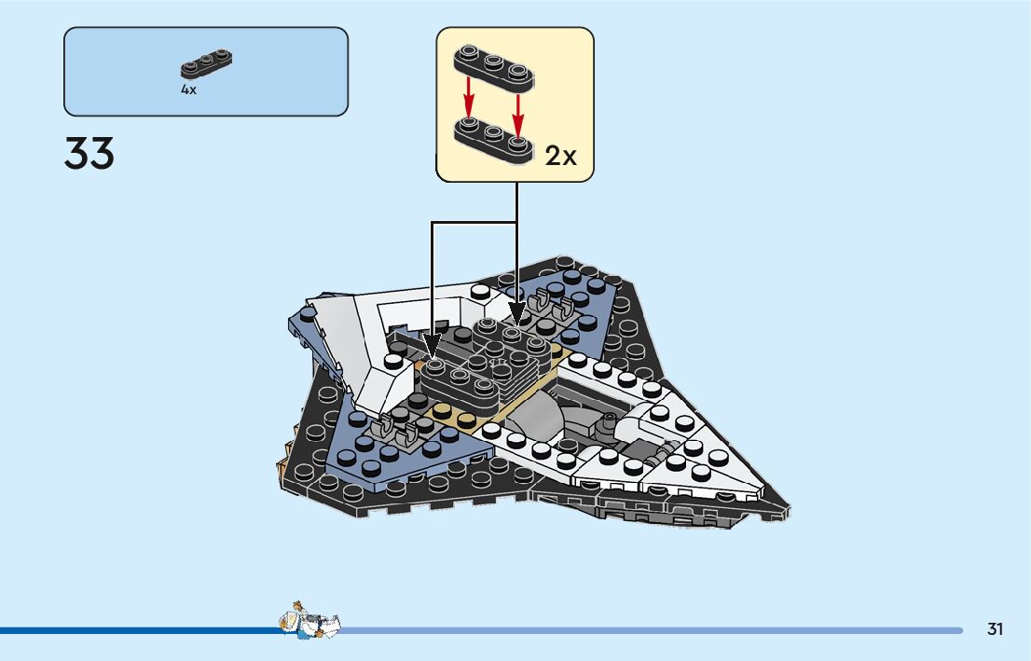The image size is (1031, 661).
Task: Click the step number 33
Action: [89, 154]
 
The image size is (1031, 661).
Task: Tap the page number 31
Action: [996, 629]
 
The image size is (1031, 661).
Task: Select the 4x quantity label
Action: [188, 90]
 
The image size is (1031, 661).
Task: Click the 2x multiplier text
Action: [561, 156]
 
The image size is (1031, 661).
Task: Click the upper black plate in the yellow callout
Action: [494, 66]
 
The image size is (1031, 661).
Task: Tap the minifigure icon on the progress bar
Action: [309, 620]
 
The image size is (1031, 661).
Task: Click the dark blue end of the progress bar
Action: [140, 630]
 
